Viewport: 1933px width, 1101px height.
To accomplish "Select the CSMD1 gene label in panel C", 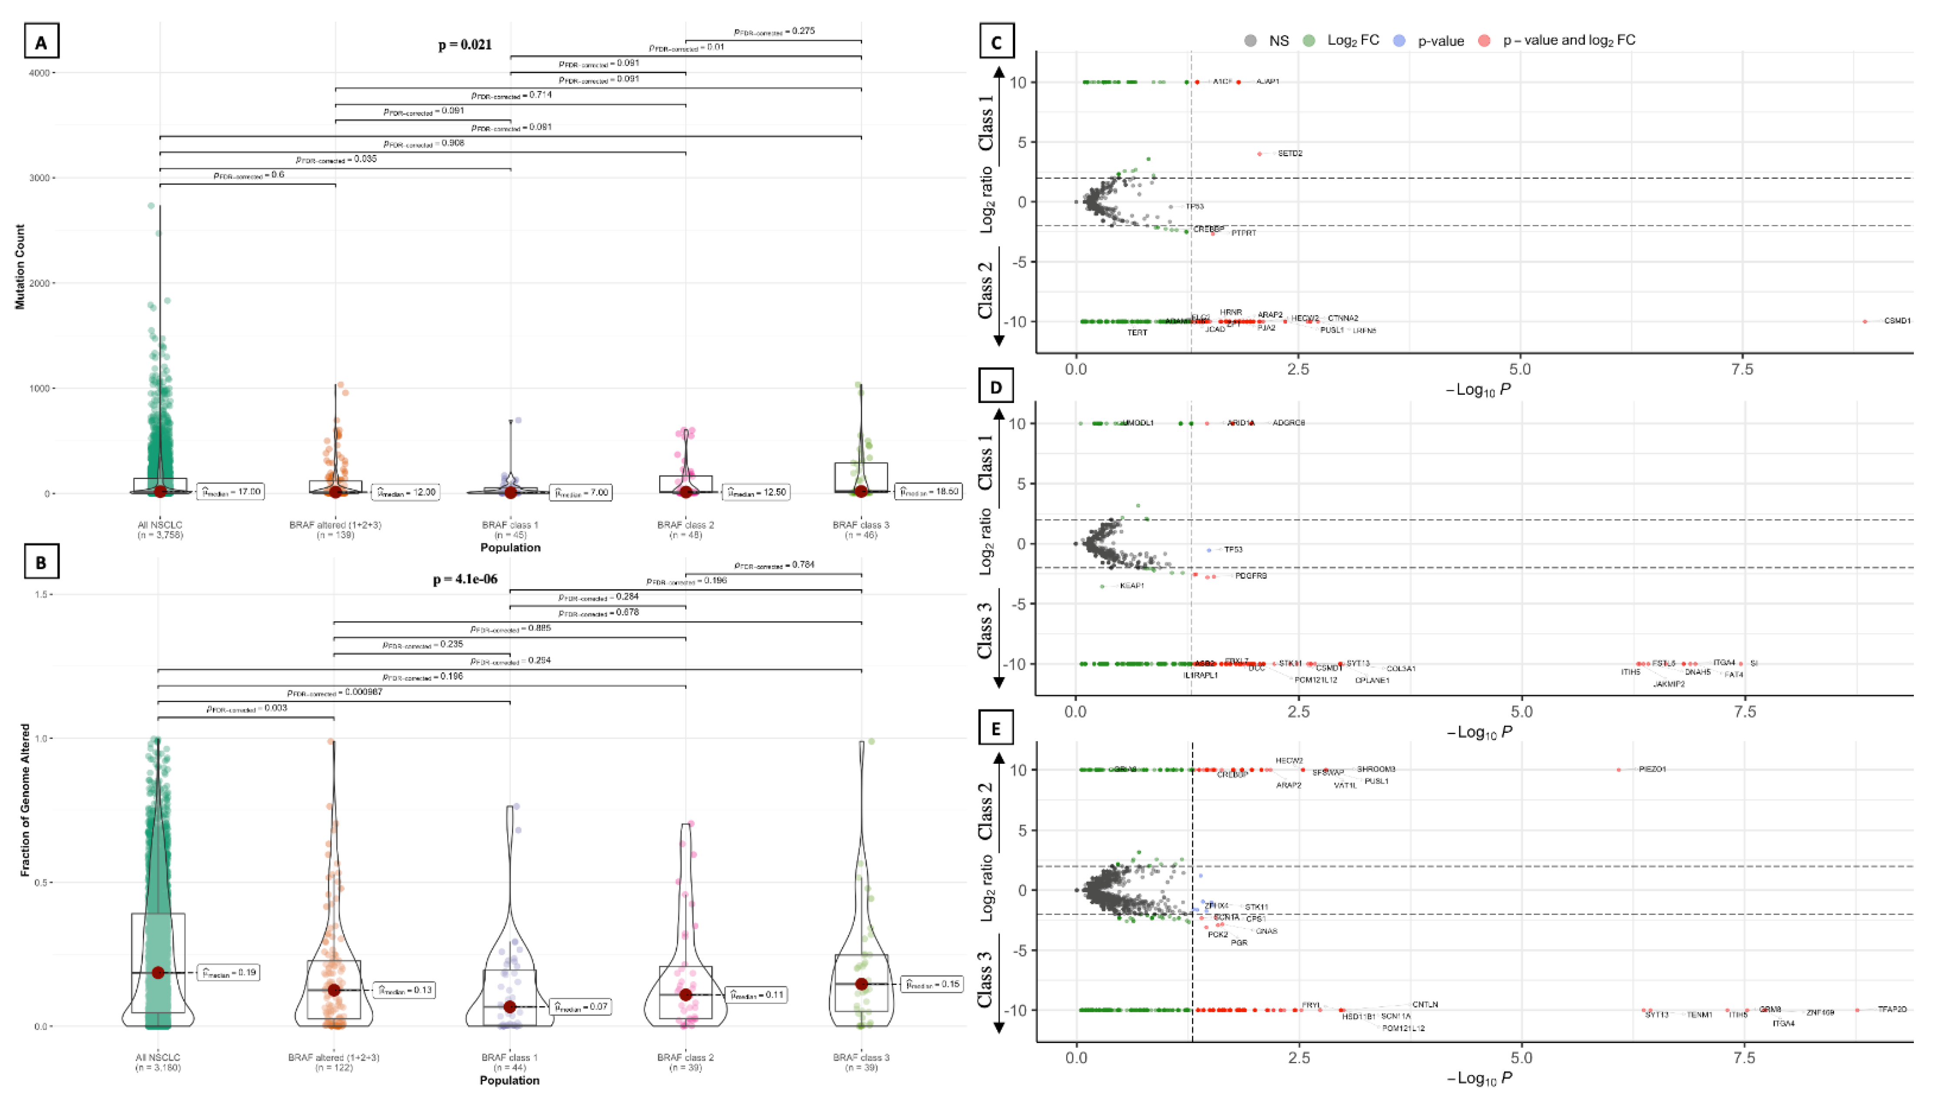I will tap(1897, 321).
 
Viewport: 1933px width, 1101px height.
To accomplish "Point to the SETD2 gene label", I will tap(1290, 154).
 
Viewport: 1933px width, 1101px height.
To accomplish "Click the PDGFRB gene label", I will tap(1251, 575).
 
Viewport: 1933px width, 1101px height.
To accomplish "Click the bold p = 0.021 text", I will tap(465, 45).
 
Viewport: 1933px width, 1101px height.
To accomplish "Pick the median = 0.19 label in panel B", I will tap(229, 973).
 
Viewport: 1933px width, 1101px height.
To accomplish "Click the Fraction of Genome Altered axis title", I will tap(25, 800).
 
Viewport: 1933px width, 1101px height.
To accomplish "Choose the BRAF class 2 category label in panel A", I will tap(685, 525).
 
